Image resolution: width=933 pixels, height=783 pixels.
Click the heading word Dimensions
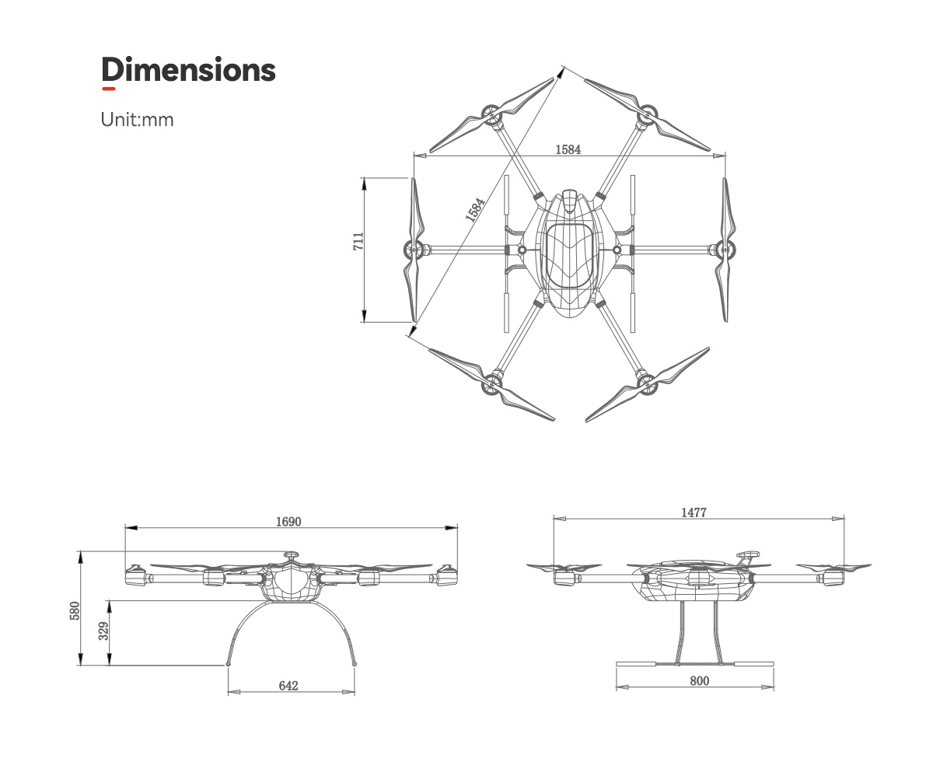[188, 70]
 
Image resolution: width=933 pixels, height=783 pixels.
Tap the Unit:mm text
[137, 120]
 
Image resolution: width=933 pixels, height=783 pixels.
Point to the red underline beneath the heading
[109, 89]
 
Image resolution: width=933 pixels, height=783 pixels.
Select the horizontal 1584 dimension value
[568, 149]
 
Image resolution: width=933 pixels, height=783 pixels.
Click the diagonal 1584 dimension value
[475, 210]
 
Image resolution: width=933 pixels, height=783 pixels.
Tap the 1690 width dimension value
[288, 521]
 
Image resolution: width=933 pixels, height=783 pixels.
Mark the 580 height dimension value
[75, 610]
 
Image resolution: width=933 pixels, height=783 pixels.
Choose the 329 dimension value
[104, 631]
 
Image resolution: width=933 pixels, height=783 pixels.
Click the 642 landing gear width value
[288, 685]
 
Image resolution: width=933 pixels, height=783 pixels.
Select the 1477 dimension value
[694, 512]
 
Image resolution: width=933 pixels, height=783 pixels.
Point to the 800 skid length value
[699, 680]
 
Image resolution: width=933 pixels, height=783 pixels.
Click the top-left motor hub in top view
[491, 117]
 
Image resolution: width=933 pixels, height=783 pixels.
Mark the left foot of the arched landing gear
[228, 664]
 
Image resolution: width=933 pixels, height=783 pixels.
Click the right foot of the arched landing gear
[355, 664]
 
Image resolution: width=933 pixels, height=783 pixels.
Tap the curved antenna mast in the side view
[747, 557]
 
